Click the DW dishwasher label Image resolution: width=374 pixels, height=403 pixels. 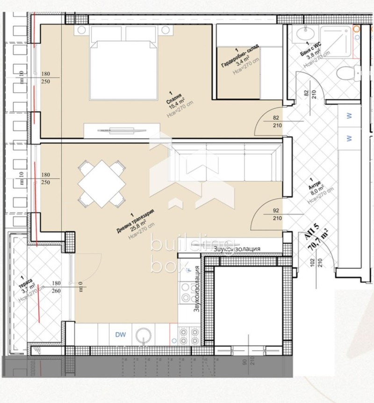(121, 335)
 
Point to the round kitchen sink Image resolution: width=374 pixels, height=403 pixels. (144, 335)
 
